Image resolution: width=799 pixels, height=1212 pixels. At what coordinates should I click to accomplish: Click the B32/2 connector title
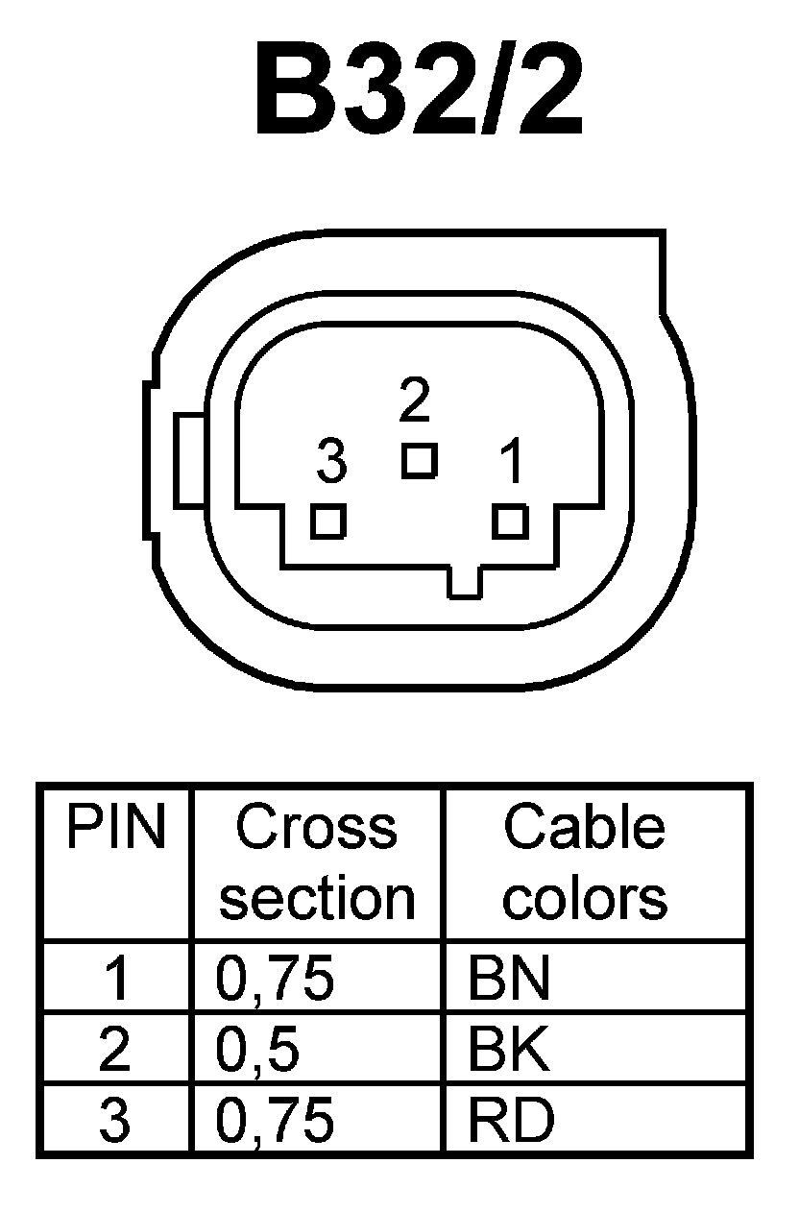click(x=419, y=89)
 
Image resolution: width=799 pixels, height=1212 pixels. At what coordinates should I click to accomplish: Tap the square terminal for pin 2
click(x=419, y=460)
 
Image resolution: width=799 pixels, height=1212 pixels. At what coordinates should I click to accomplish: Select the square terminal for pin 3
click(x=328, y=521)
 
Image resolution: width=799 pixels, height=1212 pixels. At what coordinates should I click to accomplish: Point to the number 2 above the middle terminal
click(x=414, y=404)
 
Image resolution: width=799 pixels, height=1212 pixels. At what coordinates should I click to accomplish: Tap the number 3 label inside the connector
click(x=331, y=464)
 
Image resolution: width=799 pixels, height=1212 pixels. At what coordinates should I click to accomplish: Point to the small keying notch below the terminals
click(x=465, y=581)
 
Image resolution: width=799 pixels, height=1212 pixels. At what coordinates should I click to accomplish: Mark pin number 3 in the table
click(x=115, y=1121)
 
